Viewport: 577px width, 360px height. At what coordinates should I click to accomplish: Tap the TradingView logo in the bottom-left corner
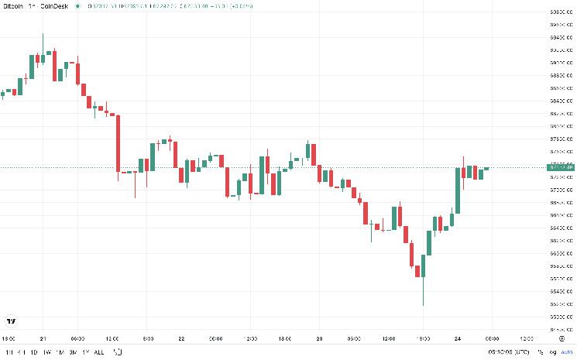pyautogui.click(x=11, y=321)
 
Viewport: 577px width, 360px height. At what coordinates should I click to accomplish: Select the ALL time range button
pyautogui.click(x=98, y=352)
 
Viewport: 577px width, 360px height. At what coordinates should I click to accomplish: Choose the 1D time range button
pyautogui.click(x=35, y=352)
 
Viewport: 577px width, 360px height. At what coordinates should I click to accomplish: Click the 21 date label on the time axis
pyautogui.click(x=43, y=338)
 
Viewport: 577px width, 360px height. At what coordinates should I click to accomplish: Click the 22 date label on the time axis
pyautogui.click(x=180, y=338)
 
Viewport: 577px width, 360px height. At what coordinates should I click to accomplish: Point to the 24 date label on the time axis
pyautogui.click(x=457, y=338)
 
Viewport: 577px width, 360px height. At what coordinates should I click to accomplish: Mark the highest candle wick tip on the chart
pyautogui.click(x=43, y=33)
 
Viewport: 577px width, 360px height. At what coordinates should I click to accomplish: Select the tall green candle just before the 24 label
pyautogui.click(x=458, y=190)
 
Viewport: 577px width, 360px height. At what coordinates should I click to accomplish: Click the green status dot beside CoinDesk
pyautogui.click(x=77, y=5)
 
